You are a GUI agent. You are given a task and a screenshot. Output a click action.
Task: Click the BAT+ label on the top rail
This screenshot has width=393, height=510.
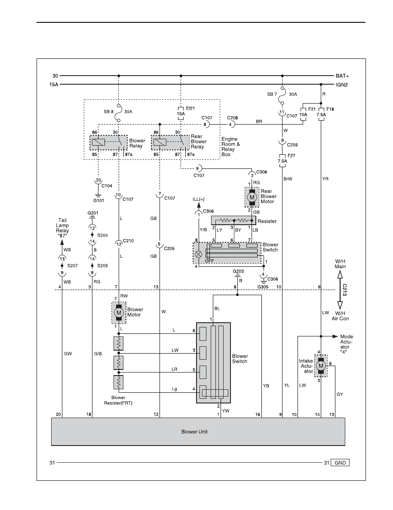click(x=342, y=76)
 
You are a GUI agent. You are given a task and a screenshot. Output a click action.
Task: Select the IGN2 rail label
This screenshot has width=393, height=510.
click(x=341, y=85)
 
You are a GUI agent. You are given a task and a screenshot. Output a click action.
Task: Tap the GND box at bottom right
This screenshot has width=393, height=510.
click(x=340, y=462)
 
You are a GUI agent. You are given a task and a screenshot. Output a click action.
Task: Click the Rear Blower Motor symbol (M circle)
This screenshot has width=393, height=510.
click(x=252, y=197)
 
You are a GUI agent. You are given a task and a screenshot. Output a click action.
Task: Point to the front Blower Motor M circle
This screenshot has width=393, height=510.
click(x=119, y=312)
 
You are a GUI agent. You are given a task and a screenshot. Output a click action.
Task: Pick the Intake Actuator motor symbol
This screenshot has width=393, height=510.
click(x=321, y=366)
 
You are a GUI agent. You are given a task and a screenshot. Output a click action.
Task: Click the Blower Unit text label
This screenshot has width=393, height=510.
click(x=194, y=432)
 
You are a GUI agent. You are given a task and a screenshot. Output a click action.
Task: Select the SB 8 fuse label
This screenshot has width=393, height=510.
click(x=108, y=112)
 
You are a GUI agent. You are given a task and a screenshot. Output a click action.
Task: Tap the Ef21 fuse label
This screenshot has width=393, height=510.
click(x=190, y=108)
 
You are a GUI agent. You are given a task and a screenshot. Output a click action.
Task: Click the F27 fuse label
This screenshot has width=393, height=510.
click(x=291, y=156)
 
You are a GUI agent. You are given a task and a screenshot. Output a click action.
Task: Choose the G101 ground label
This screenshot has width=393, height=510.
click(x=98, y=200)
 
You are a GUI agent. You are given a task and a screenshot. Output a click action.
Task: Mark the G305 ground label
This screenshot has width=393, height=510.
click(x=263, y=287)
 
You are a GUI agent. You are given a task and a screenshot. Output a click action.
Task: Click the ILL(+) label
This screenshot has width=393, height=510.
click(x=198, y=199)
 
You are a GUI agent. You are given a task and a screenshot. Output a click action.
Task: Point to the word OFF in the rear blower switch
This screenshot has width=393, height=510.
click(x=210, y=260)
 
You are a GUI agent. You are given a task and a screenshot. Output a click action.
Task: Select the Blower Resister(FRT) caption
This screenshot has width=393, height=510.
click(x=118, y=400)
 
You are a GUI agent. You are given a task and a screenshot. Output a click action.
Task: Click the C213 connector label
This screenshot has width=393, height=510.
click(x=344, y=290)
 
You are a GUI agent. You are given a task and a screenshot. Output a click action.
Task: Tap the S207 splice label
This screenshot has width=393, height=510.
click(x=72, y=266)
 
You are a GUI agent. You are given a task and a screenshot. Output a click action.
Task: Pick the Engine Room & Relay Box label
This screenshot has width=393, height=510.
click(x=230, y=147)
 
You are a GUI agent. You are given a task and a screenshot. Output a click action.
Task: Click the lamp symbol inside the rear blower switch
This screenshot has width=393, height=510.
click(x=198, y=254)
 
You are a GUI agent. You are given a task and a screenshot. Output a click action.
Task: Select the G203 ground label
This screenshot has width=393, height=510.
click(x=238, y=271)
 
